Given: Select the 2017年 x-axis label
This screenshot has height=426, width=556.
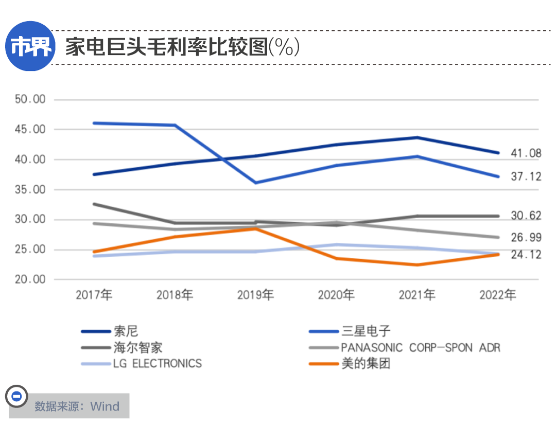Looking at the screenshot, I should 94,295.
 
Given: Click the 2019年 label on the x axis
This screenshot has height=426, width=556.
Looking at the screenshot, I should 255,295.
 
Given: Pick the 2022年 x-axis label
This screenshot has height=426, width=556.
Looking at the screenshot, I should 498,295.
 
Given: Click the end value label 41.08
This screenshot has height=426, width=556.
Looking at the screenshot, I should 526,153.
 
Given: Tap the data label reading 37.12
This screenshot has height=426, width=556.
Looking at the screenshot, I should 526,177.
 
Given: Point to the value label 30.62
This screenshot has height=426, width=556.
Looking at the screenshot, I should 526,216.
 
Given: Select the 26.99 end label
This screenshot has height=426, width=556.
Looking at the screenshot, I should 526,238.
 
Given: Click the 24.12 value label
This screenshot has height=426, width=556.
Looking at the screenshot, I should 526,255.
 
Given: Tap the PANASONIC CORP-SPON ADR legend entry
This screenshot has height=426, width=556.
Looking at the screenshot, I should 420,348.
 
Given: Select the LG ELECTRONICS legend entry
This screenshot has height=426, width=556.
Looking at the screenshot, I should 157,364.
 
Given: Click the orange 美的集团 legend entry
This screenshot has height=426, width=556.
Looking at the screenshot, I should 366,364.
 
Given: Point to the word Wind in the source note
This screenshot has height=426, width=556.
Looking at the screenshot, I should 105,406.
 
